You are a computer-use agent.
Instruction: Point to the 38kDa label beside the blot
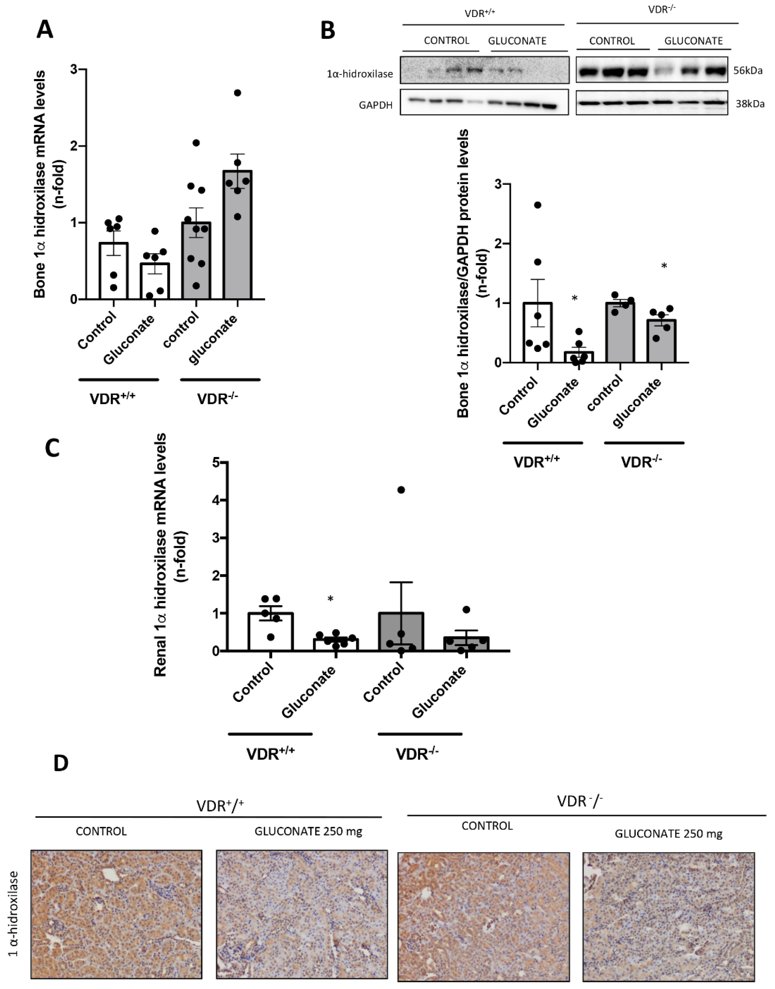click(x=750, y=104)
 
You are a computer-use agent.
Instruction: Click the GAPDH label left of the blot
click(x=375, y=105)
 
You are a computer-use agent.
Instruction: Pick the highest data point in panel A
click(x=237, y=93)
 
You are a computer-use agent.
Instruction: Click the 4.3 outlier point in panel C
click(x=401, y=490)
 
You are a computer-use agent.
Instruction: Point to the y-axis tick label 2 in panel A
click(x=74, y=146)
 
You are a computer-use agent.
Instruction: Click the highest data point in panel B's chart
click(x=538, y=205)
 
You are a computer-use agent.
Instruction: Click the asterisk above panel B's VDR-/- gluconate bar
click(x=664, y=266)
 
